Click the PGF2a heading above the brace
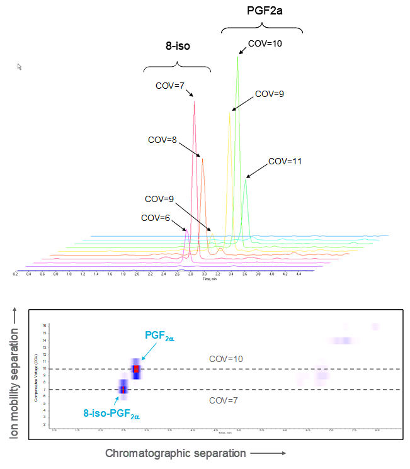262,11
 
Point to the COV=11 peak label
285,161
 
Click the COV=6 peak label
156,218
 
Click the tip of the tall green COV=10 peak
238,57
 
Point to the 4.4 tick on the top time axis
299,274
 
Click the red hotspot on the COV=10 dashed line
135,369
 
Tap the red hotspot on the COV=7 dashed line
123,390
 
